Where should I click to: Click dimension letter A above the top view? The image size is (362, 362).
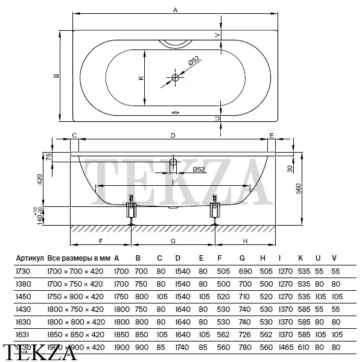coord(176,10)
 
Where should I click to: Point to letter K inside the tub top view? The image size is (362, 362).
coord(140,78)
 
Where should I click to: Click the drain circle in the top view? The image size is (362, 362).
coord(176,78)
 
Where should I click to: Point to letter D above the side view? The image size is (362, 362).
coord(173,136)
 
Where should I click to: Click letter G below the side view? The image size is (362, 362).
coord(173,241)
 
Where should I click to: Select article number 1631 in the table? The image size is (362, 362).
coord(22,334)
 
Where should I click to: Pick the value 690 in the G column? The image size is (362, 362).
coord(243,271)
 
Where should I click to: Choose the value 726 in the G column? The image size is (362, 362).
coord(243,334)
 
